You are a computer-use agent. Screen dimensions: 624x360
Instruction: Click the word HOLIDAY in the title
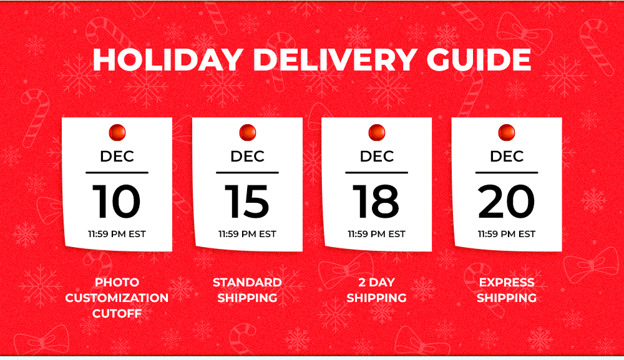click(168, 60)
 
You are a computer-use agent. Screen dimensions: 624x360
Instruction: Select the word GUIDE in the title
click(479, 60)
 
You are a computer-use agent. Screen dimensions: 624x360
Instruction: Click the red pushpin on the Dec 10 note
click(117, 132)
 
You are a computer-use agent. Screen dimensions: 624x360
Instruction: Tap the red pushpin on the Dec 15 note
click(248, 132)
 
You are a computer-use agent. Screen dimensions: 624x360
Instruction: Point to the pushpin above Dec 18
click(376, 132)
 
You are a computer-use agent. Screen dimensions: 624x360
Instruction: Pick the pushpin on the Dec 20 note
click(506, 132)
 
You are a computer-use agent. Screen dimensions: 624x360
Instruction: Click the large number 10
click(117, 202)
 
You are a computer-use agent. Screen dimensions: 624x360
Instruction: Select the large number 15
click(247, 202)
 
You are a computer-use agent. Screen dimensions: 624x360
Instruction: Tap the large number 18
click(376, 202)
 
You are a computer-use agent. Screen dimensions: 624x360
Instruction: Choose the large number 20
click(506, 202)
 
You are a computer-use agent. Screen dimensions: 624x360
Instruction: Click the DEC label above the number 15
click(247, 157)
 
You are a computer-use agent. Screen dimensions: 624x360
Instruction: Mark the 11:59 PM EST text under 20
click(506, 234)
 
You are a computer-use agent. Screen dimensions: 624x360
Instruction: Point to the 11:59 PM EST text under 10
click(117, 234)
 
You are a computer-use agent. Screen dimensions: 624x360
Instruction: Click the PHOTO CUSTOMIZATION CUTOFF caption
click(117, 298)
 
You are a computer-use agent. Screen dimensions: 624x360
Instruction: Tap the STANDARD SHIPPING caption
click(247, 290)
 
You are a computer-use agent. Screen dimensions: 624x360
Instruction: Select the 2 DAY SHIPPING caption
click(376, 290)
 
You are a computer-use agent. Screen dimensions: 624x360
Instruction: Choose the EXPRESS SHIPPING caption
click(507, 290)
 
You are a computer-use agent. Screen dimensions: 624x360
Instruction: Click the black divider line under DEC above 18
click(376, 173)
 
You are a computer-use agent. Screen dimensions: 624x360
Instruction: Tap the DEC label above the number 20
click(507, 157)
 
